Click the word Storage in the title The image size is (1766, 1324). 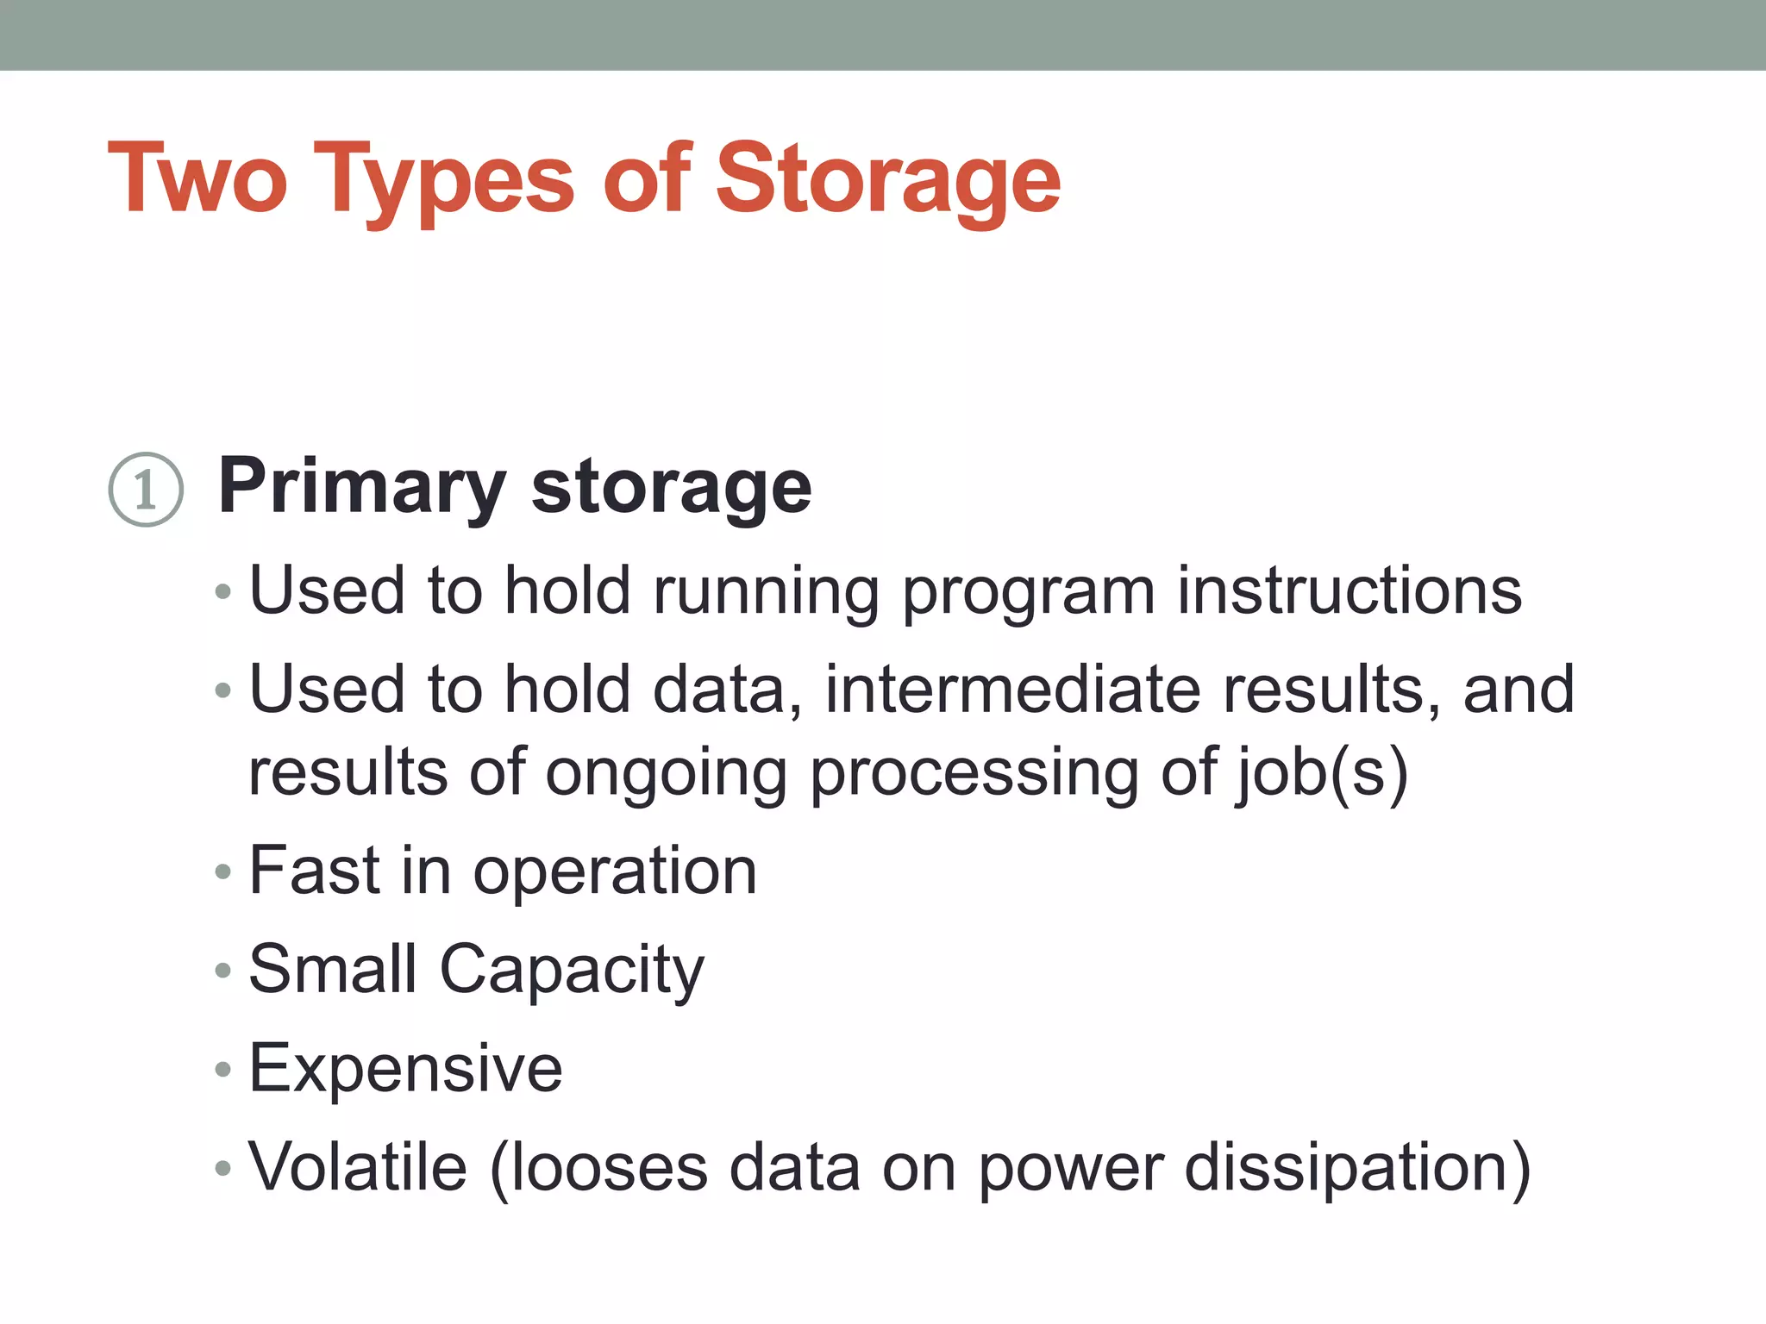click(x=888, y=179)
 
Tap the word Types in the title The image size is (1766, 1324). click(x=443, y=179)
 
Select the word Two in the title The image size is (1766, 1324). click(x=197, y=179)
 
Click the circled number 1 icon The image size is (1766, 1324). click(x=146, y=490)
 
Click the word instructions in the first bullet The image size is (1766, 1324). click(x=1350, y=590)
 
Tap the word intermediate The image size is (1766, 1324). click(x=1013, y=690)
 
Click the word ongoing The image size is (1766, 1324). click(x=666, y=774)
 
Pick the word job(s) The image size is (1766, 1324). click(x=1323, y=772)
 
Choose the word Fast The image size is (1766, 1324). click(x=315, y=871)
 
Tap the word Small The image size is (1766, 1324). click(x=333, y=969)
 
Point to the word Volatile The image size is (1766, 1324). click(x=358, y=1167)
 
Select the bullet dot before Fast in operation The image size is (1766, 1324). click(x=223, y=872)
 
